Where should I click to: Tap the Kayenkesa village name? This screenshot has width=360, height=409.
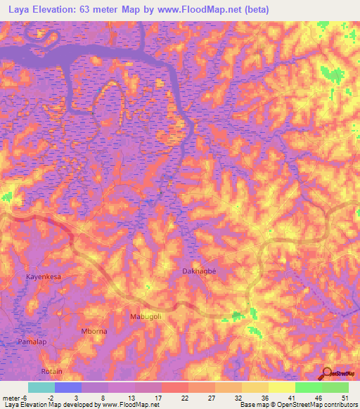(x=44, y=277)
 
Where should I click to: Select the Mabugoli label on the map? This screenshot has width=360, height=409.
(x=146, y=317)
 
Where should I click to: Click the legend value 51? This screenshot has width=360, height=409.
(x=344, y=397)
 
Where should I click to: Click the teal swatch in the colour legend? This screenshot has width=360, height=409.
(x=41, y=387)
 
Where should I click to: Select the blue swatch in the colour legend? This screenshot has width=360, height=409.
(x=67, y=387)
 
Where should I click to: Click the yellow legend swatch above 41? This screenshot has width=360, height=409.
(x=281, y=387)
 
